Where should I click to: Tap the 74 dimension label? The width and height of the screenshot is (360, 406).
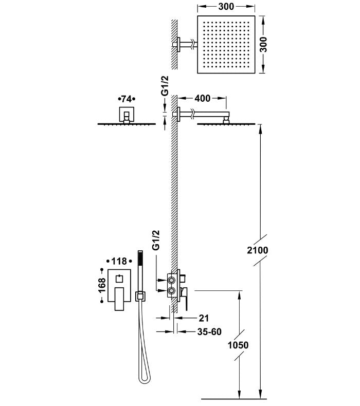click(125, 98)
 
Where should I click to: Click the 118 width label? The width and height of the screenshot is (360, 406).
click(119, 262)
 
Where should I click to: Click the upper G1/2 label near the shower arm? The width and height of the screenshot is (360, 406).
click(165, 86)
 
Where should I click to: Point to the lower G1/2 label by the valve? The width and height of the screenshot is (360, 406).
click(157, 241)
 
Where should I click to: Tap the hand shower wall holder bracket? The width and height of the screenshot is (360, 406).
click(138, 296)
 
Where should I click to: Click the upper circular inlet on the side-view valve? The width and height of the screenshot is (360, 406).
click(171, 281)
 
